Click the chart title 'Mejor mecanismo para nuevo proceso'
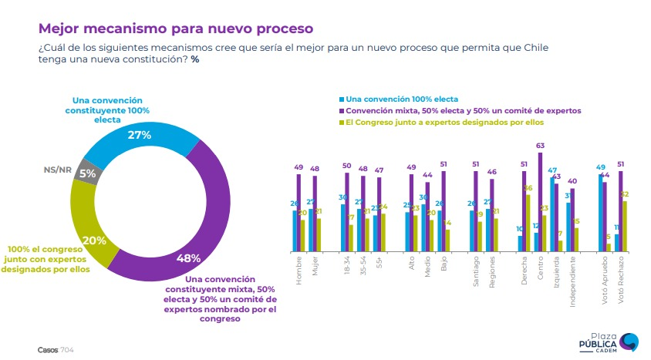coord(175,29)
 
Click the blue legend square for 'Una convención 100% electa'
coord(341,100)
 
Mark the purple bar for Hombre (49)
coord(299,212)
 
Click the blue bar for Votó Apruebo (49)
coord(600,212)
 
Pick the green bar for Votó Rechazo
coord(623,226)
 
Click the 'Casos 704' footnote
coord(56,349)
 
